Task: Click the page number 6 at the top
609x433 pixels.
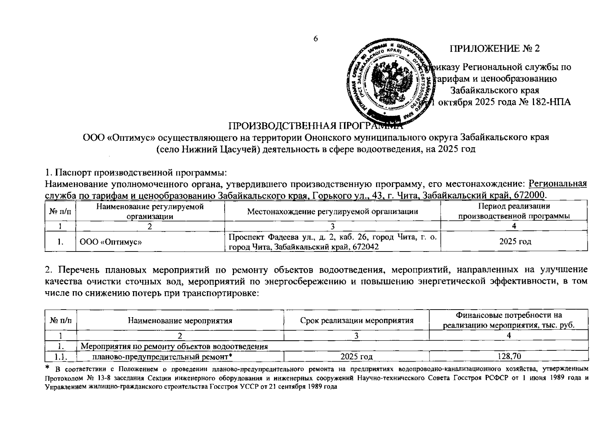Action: point(315,39)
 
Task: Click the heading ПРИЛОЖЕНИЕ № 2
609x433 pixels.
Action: point(494,49)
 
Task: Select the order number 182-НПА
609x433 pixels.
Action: point(550,102)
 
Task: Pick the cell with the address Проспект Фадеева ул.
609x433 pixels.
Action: point(332,241)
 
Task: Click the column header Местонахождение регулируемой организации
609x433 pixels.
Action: point(332,212)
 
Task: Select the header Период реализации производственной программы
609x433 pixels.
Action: point(514,211)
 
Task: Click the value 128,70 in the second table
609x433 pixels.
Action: point(509,357)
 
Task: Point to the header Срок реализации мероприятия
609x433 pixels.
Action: point(356,320)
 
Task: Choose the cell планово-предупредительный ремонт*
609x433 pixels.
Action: point(162,357)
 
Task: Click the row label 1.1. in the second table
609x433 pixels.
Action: point(60,357)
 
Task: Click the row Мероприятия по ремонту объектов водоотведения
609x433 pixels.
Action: point(174,347)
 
